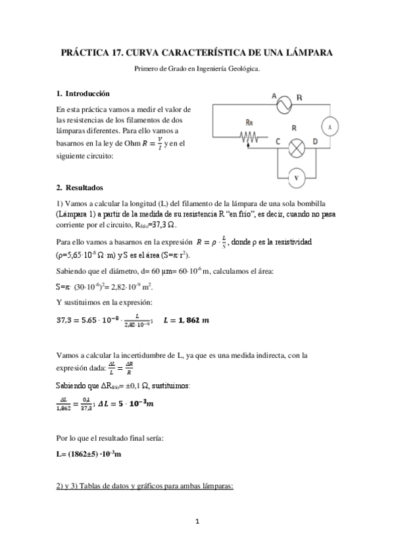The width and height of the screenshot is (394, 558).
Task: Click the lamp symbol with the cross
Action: tap(297, 147)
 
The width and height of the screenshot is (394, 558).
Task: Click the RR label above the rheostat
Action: tap(249, 122)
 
